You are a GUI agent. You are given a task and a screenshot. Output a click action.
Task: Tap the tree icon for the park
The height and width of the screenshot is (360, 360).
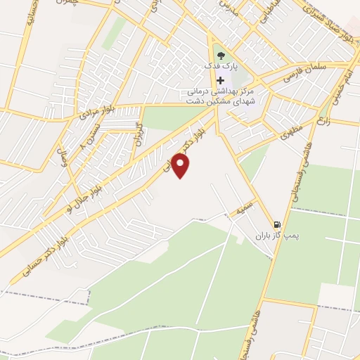point(221,53)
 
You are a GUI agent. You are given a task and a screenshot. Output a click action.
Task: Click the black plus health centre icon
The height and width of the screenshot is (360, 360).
point(221,81)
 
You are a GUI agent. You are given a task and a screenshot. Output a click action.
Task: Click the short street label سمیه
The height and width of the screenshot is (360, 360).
point(243,208)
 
